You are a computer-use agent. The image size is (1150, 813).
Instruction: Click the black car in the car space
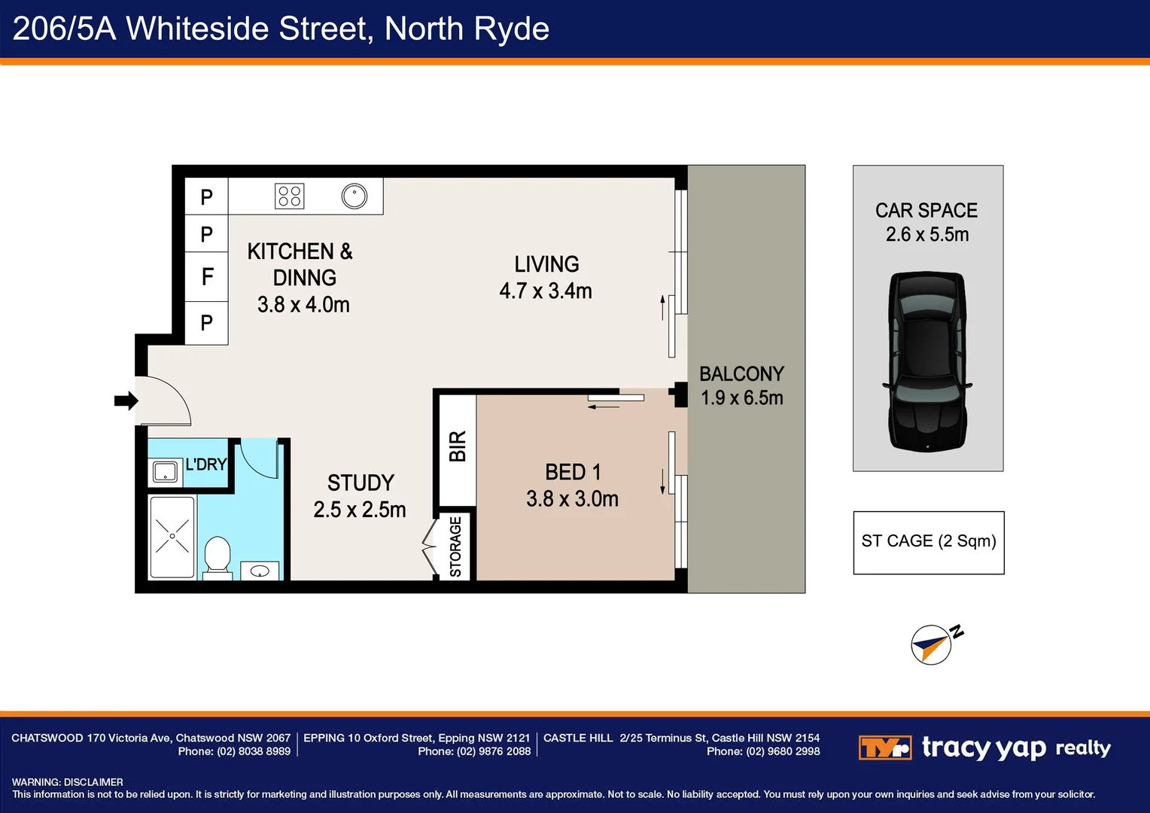tap(926, 362)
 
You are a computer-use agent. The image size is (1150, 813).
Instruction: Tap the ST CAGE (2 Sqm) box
tap(928, 542)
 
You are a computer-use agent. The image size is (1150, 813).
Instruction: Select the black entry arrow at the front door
tap(126, 400)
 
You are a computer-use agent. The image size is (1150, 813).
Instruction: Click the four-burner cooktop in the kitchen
tap(289, 196)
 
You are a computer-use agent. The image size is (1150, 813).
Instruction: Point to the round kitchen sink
tap(354, 196)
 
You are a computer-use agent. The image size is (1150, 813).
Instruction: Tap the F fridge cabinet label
tap(207, 277)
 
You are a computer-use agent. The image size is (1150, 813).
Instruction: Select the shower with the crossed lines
tap(172, 537)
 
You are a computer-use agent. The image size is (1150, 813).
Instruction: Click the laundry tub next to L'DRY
tap(166, 472)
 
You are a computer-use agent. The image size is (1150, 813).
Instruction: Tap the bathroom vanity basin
tap(260, 571)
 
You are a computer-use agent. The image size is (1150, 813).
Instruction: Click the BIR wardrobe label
tap(458, 446)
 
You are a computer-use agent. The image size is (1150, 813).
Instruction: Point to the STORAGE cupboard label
tap(455, 547)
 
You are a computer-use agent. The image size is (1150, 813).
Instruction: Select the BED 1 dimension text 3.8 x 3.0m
tap(572, 499)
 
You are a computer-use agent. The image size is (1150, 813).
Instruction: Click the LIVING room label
tap(546, 264)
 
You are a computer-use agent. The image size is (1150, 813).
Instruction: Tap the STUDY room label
tap(361, 483)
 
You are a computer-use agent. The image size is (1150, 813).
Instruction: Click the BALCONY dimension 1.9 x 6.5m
tap(741, 398)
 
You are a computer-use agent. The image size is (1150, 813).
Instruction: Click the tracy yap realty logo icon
tap(884, 748)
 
